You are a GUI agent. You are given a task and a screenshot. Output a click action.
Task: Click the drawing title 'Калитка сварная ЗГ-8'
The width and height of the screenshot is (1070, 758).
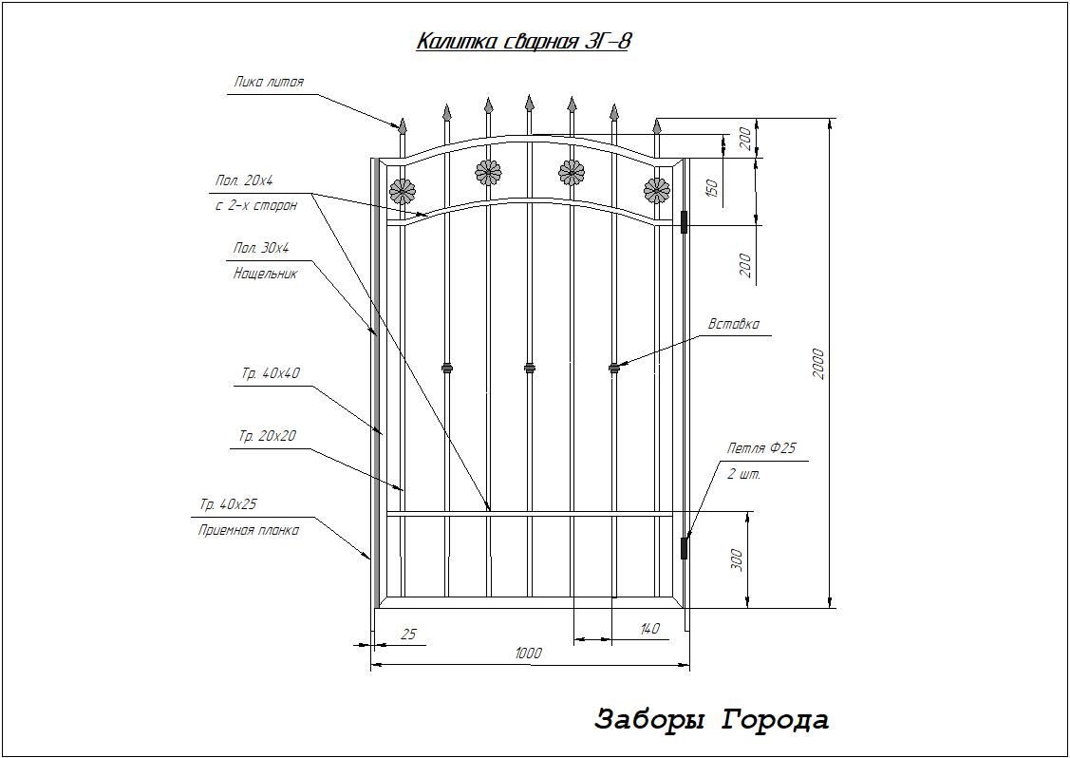[x=523, y=42]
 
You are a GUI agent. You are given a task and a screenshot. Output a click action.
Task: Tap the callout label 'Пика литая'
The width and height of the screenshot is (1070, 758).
[x=268, y=83]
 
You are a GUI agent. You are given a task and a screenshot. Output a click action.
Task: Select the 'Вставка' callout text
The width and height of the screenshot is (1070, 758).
[x=733, y=324]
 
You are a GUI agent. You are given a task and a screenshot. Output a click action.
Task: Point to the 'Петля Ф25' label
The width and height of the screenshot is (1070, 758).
[x=761, y=449]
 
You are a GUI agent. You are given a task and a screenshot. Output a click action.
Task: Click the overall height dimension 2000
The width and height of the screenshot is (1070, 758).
[x=818, y=364]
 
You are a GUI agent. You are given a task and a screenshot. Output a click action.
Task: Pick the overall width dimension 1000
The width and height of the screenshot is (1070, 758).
[x=528, y=654]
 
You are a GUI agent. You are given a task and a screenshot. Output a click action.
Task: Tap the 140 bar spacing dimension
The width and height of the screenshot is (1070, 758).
[x=650, y=629]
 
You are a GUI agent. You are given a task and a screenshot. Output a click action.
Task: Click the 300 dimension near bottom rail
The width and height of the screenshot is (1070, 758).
[x=736, y=559]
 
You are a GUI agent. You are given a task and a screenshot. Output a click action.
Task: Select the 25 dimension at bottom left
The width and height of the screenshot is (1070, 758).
[x=408, y=635]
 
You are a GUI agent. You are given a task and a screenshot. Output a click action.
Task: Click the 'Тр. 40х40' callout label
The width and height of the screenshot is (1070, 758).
[x=271, y=374]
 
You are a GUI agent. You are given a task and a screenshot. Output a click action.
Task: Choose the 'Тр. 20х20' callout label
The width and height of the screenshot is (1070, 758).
[x=268, y=436]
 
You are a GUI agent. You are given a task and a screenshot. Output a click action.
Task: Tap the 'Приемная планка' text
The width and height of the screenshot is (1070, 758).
[x=249, y=531]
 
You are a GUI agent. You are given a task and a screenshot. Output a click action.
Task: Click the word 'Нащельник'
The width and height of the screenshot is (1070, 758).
[x=266, y=275]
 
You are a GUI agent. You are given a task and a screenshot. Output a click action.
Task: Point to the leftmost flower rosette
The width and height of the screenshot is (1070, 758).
[x=402, y=192]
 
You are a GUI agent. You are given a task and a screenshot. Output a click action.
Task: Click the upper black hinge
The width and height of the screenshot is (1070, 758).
[x=684, y=222]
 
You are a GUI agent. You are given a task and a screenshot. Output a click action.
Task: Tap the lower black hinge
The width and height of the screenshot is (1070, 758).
[x=684, y=548]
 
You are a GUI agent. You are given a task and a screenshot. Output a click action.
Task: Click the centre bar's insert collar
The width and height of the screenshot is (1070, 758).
[x=530, y=368]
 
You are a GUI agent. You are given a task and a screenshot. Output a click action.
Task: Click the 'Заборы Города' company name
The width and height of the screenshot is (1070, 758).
[x=712, y=720]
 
